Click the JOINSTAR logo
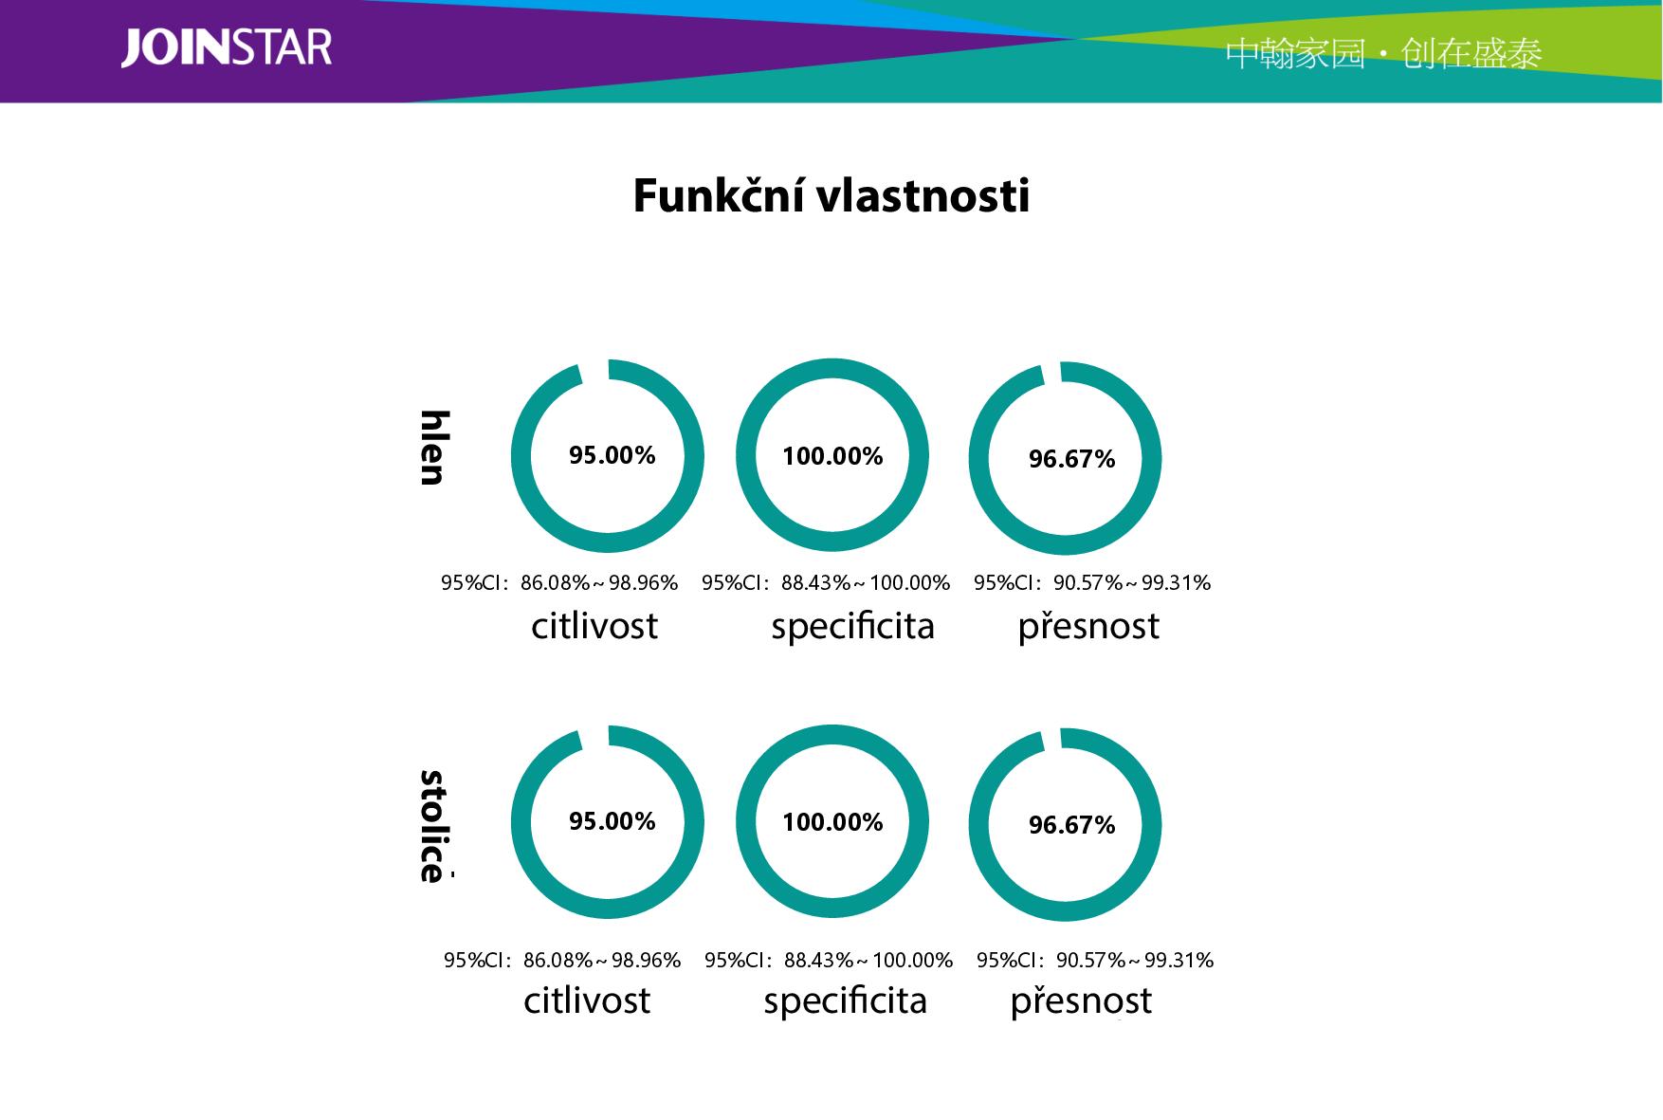pos(227,48)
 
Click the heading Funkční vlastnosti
pos(831,196)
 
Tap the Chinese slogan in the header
pos(1383,54)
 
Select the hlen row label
pos(433,448)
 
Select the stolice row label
pos(433,826)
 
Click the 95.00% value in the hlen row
pos(612,455)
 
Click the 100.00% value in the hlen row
pos(832,456)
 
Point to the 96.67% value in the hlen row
pos(1071,459)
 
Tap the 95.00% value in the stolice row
pos(612,821)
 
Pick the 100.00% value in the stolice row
pos(832,822)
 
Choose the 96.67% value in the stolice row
pos(1071,825)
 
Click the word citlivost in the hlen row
pos(594,626)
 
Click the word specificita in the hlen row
pos(853,627)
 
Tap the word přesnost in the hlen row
pos(1088,627)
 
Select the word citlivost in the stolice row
pos(587,1001)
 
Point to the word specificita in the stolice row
pos(846,1001)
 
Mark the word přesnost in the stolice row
pos(1081,1001)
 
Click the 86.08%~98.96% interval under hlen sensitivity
pos(599,583)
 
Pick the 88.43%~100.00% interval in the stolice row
pos(868,961)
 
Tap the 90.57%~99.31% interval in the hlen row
pos(1132,583)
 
